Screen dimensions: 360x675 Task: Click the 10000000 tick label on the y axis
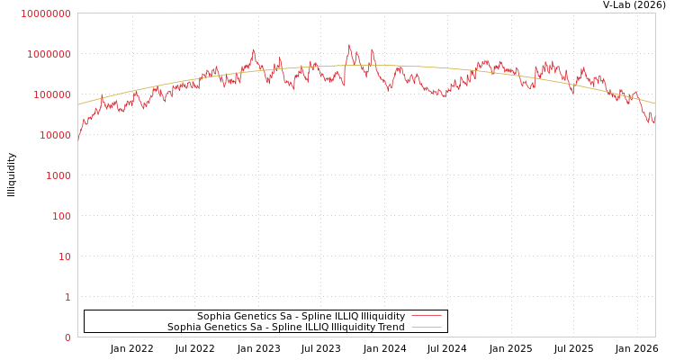45,13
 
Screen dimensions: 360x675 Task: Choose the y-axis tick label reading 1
67,297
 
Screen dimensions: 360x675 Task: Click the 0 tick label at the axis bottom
67,337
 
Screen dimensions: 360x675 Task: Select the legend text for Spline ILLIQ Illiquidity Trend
285,328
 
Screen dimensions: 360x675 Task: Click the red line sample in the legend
427,317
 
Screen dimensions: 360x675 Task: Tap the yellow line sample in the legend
427,328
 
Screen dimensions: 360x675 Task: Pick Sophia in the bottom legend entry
184,328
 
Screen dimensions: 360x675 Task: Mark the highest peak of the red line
349,45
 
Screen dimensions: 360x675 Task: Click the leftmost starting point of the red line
78,142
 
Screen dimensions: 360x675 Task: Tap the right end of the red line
654,120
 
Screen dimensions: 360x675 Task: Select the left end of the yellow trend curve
78,104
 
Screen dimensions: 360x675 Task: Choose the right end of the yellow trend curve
654,103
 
